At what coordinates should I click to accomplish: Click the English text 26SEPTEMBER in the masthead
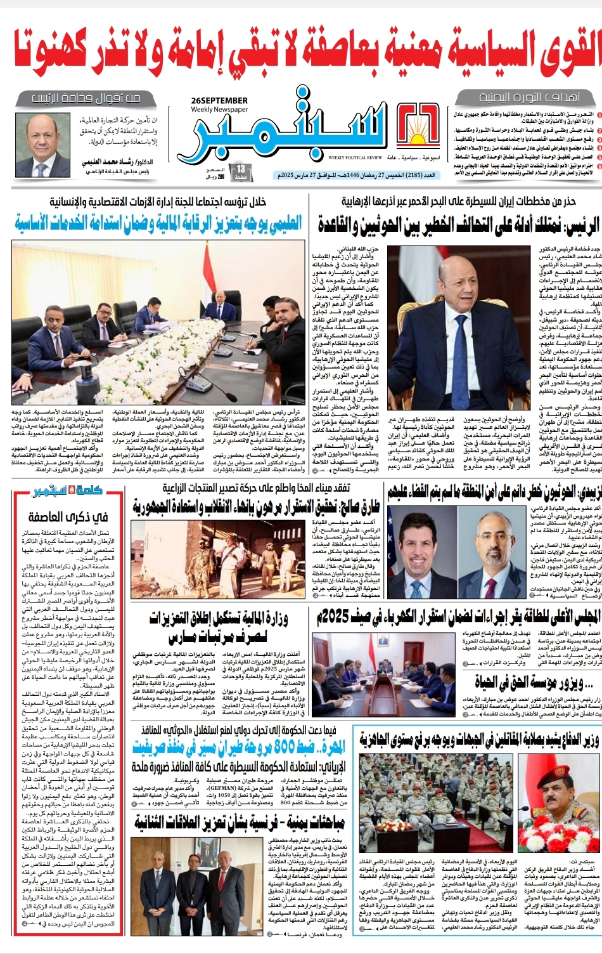click(219, 100)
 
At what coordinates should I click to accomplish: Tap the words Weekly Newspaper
click(219, 110)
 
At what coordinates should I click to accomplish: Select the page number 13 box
click(241, 171)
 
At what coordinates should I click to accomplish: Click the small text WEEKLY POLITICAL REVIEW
click(355, 158)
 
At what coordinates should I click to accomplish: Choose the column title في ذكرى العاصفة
click(68, 518)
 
